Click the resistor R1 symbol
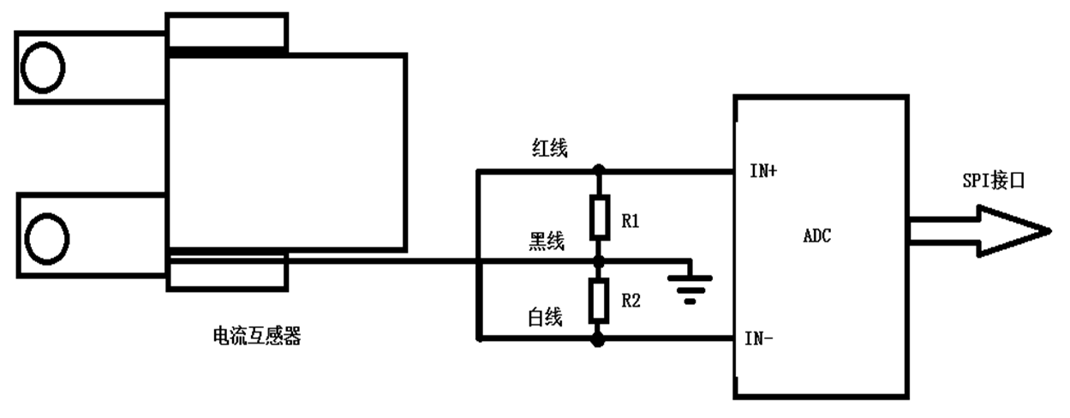click(x=599, y=217)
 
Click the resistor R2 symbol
click(x=599, y=299)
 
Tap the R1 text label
click(x=631, y=222)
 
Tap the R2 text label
click(x=631, y=300)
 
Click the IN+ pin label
click(x=763, y=171)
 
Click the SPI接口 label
click(x=993, y=182)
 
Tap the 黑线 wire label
click(x=546, y=242)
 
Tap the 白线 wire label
click(x=545, y=318)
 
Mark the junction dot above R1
click(x=599, y=170)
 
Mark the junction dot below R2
click(x=599, y=339)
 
